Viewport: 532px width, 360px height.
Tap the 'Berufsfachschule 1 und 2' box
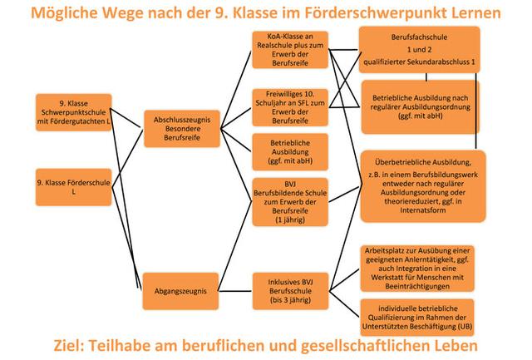coord(420,49)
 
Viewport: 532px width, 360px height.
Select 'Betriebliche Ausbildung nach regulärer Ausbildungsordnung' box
coord(420,106)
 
